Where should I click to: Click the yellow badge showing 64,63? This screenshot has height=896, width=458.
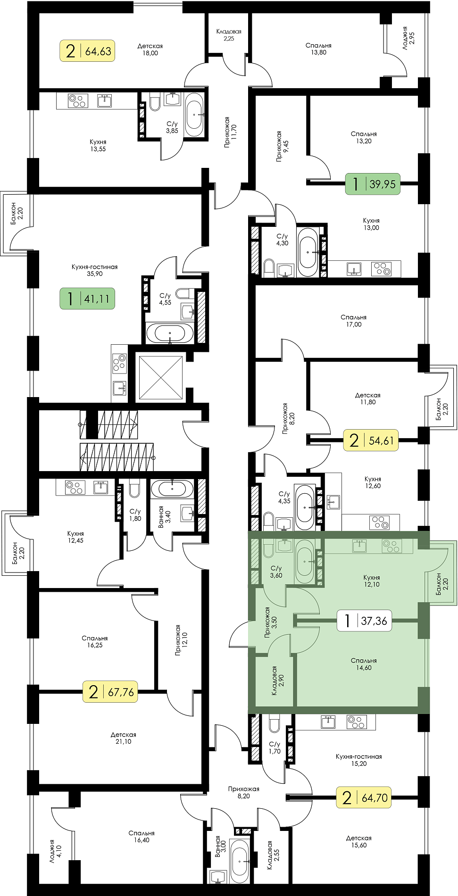point(87,51)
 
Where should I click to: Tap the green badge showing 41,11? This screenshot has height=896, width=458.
point(87,299)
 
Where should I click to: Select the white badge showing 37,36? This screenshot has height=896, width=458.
point(364,621)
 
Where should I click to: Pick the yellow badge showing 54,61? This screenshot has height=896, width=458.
point(371,440)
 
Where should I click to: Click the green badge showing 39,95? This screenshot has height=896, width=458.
point(373,184)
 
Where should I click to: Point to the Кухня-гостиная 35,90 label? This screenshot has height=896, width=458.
point(94,270)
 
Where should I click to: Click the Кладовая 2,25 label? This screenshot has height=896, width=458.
point(229,35)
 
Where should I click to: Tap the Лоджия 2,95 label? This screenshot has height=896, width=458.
point(408,35)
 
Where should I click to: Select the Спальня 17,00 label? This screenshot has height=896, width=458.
point(354,321)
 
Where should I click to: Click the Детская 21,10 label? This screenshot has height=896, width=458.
point(124,738)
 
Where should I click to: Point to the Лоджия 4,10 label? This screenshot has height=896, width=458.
point(56,851)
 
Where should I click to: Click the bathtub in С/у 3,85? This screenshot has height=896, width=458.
point(194,115)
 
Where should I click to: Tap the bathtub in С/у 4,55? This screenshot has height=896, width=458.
point(170,333)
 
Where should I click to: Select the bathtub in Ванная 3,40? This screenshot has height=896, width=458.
point(172,488)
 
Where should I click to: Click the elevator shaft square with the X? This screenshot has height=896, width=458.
point(161,377)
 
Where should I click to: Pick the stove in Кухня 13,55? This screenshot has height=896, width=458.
point(78,101)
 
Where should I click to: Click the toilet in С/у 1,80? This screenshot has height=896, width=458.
point(134,488)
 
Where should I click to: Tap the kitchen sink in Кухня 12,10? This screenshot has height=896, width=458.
point(359,546)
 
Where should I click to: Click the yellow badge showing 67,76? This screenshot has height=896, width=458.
point(110,692)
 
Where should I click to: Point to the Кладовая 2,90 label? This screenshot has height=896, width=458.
point(277,680)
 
